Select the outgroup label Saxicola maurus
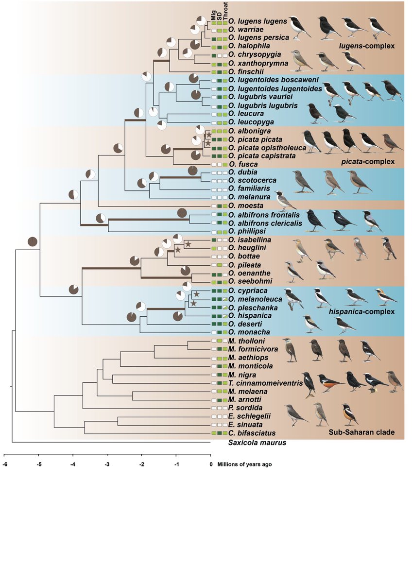pyautogui.click(x=257, y=443)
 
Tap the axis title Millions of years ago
pyautogui.click(x=244, y=464)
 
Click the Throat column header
pyautogui.click(x=226, y=11)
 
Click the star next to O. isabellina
pyautogui.click(x=188, y=243)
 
